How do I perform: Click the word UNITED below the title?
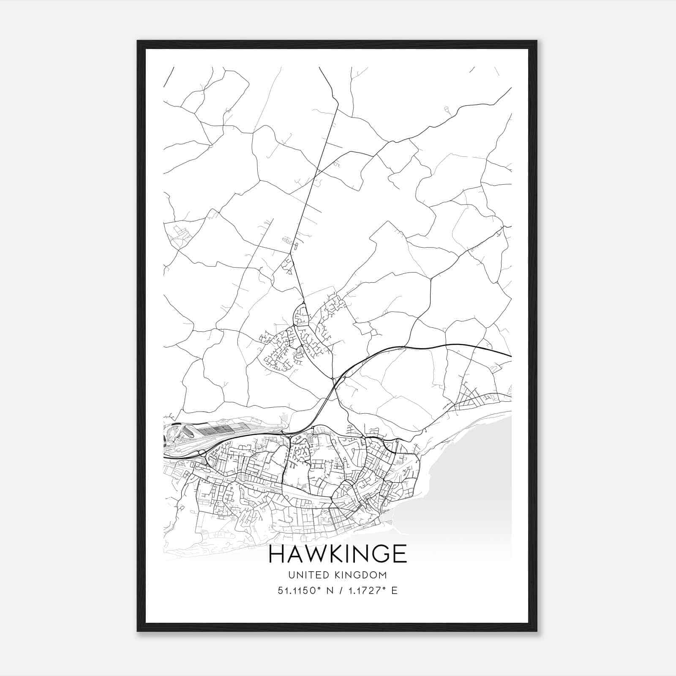pos(305,575)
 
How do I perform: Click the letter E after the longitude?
pos(394,591)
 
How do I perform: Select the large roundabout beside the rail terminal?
pos(202,453)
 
